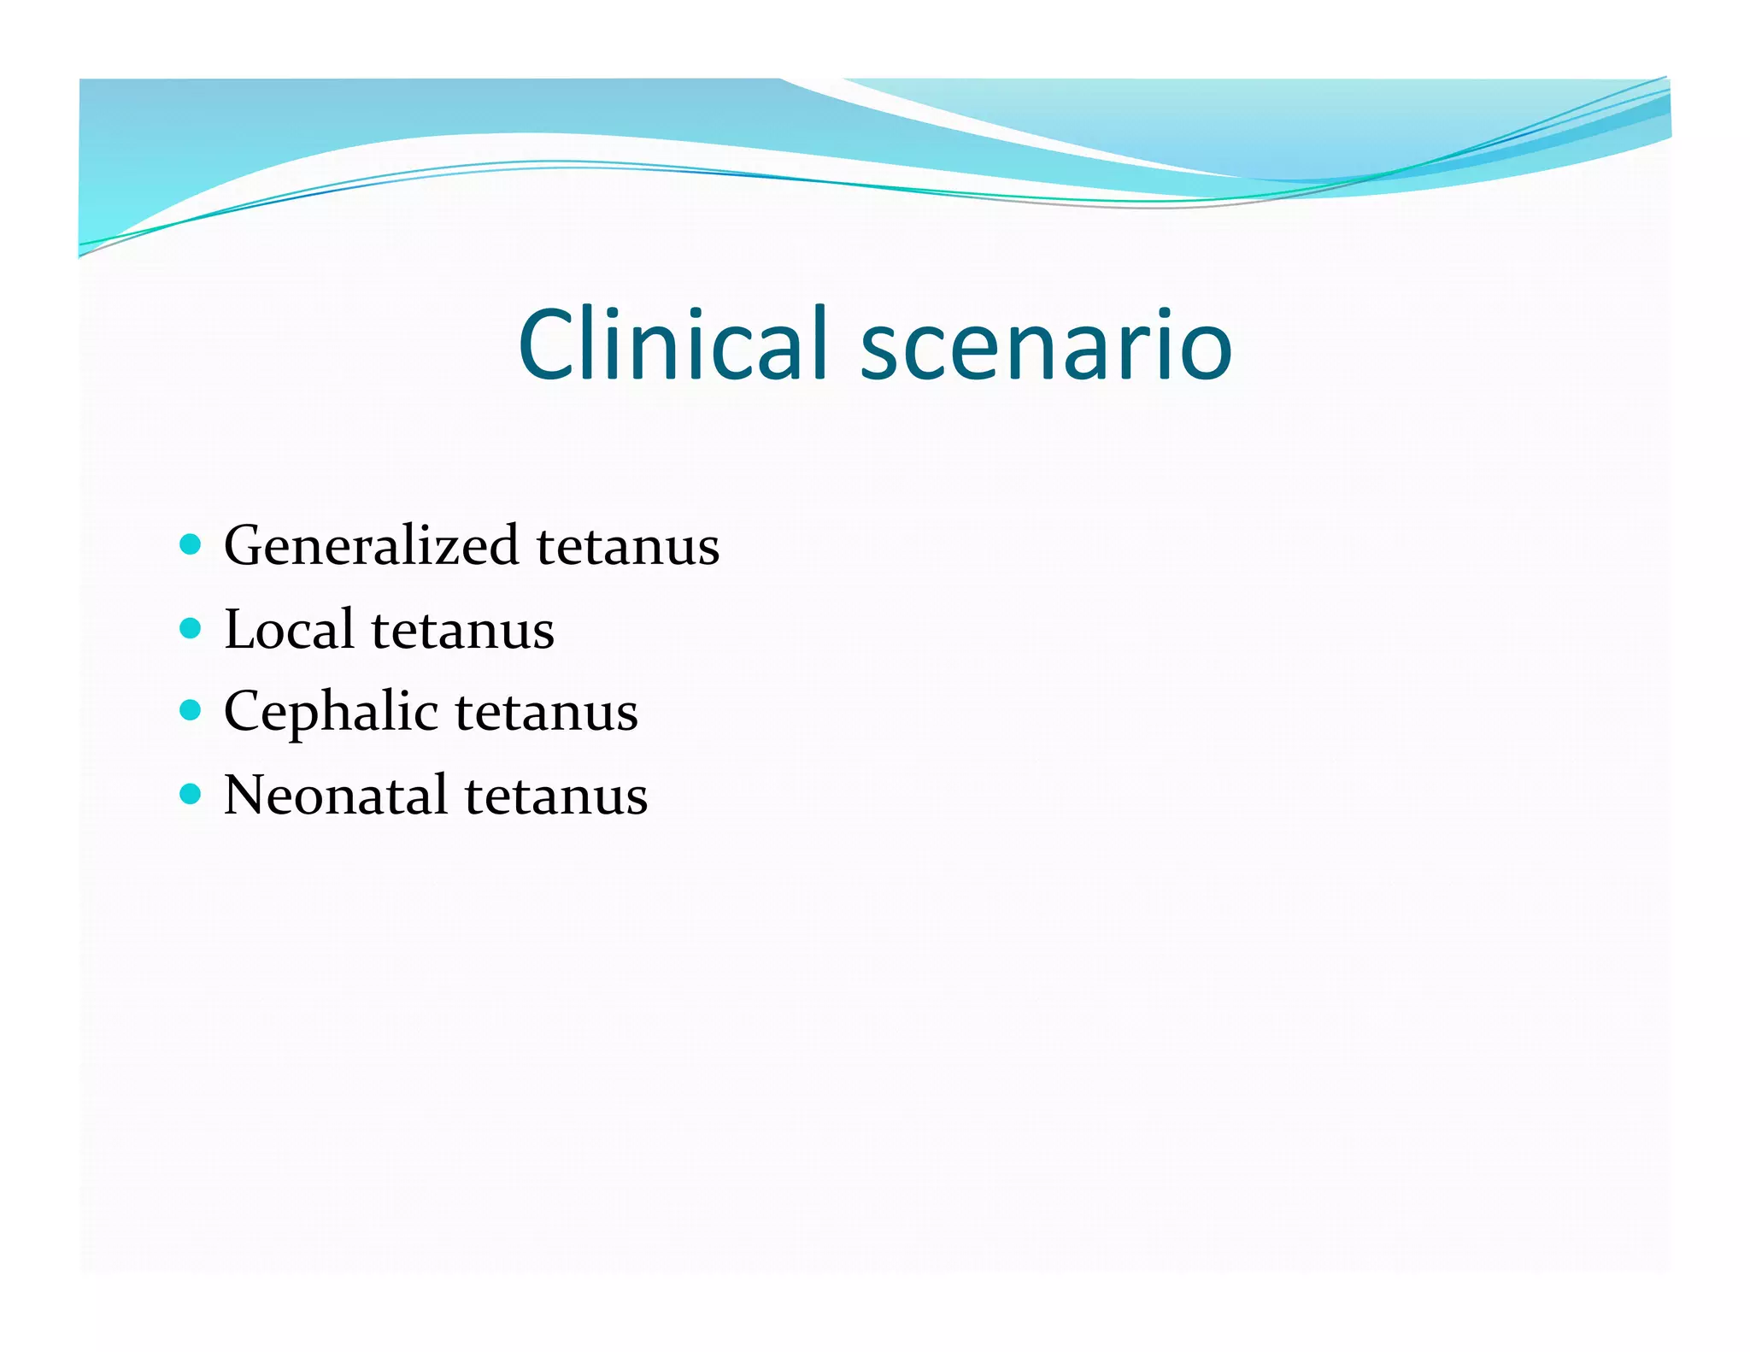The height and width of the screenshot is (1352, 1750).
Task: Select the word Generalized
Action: coord(371,545)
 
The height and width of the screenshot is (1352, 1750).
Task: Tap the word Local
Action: coord(289,629)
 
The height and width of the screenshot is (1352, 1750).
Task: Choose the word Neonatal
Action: coord(335,795)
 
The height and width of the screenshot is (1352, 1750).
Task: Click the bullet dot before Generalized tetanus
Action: coord(191,544)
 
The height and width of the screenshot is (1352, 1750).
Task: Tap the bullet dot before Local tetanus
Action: coord(191,629)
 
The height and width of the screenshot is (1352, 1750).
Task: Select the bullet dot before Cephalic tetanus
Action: coord(191,711)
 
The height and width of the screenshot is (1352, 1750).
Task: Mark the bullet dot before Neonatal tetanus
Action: coord(191,794)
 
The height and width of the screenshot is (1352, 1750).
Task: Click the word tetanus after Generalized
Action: coord(628,546)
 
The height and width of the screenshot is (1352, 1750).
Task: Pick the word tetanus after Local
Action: coord(462,631)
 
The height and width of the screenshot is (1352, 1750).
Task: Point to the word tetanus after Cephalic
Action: coord(546,713)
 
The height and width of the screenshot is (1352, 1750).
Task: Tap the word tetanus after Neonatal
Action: coord(556,796)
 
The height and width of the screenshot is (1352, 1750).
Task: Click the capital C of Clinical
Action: coord(548,344)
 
